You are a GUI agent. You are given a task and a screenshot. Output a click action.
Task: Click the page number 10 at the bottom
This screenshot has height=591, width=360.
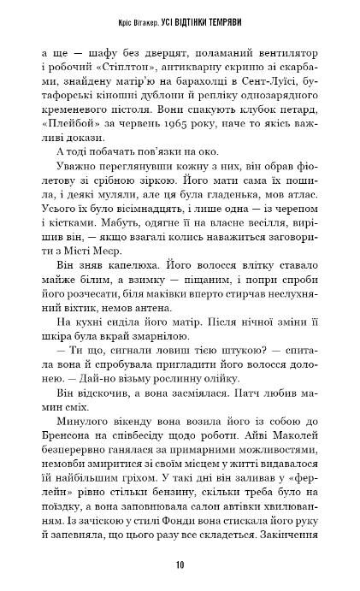(x=179, y=564)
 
